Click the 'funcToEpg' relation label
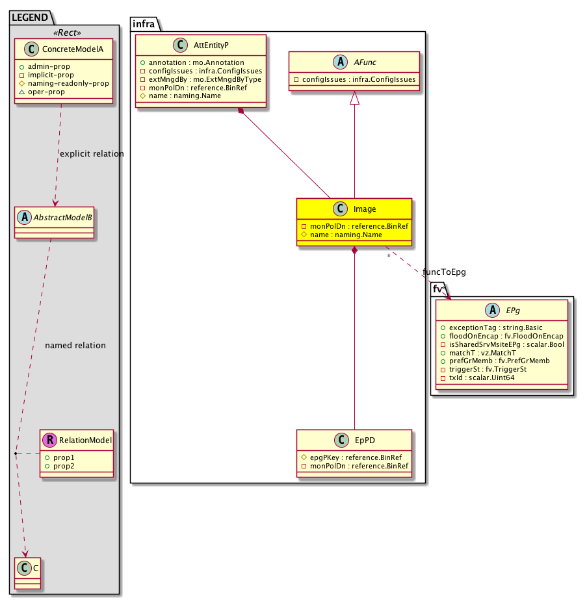445,271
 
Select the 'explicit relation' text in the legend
91,154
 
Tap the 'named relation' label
75,346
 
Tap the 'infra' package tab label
143,24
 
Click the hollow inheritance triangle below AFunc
354,99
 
